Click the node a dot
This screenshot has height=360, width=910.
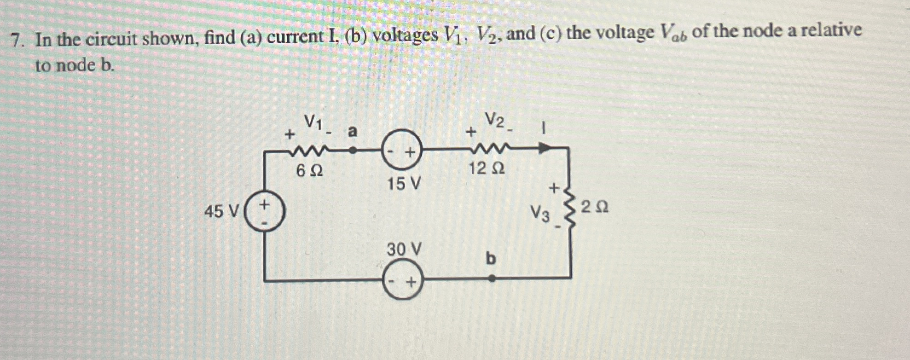click(x=353, y=150)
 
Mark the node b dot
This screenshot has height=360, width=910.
click(x=492, y=278)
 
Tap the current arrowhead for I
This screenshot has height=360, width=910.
click(x=545, y=148)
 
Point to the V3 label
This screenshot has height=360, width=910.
click(x=540, y=213)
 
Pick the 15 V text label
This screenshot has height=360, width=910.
click(x=404, y=184)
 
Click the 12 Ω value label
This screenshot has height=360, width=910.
click(x=487, y=169)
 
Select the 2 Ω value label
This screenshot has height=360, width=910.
click(x=594, y=208)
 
